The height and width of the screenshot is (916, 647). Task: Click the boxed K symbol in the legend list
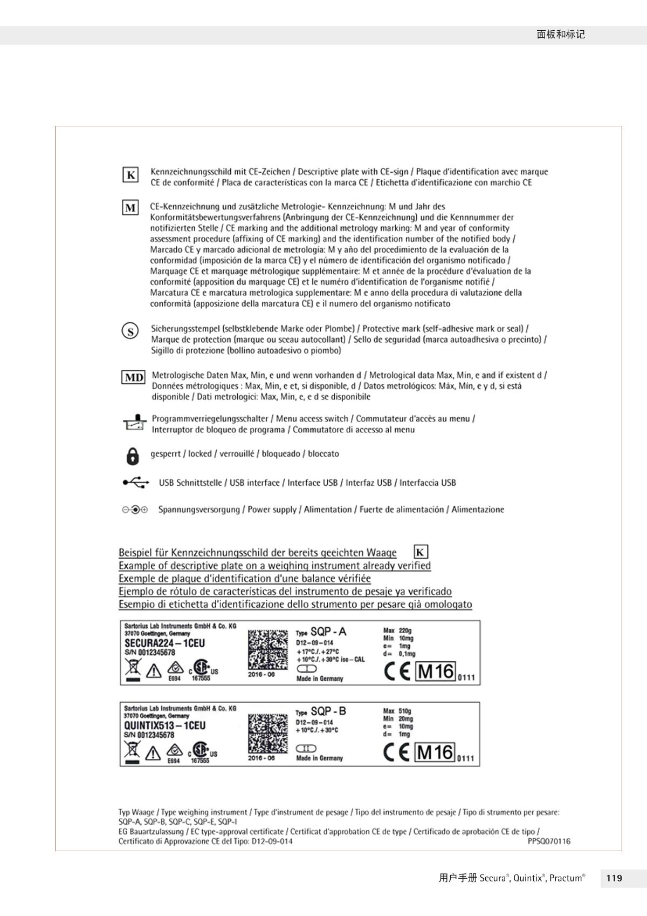130,175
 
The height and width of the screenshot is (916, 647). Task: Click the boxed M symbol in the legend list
130,208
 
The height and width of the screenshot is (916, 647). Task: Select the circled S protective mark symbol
130,331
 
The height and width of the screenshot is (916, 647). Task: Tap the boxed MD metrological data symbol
133,377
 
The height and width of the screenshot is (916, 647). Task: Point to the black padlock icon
132,456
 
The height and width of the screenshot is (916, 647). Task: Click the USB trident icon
136,483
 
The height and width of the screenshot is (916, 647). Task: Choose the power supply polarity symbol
134,510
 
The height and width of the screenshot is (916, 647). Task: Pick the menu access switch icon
134,423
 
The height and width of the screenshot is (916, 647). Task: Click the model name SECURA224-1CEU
164,643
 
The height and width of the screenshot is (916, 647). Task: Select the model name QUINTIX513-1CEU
164,725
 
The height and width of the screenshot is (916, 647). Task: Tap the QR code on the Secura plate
267,649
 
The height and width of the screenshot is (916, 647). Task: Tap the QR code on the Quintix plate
267,733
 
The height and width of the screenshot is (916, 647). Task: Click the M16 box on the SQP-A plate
436,672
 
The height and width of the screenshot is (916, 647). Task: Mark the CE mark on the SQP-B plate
396,752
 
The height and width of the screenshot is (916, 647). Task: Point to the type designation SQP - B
328,711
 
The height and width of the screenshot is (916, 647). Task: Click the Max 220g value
397,630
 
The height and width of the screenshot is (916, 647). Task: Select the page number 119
614,878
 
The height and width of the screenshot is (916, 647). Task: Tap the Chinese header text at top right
561,35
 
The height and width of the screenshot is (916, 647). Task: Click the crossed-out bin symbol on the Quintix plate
132,752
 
